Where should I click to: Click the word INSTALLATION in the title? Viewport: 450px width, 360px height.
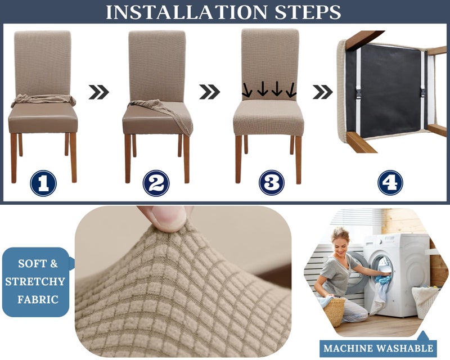click(x=187, y=12)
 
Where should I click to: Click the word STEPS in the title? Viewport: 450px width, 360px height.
click(x=308, y=12)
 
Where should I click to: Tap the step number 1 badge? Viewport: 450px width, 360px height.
click(x=43, y=183)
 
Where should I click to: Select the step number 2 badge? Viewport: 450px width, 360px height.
click(x=156, y=183)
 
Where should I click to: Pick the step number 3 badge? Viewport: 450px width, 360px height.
click(x=272, y=183)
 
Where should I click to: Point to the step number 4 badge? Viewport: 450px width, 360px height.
click(x=390, y=183)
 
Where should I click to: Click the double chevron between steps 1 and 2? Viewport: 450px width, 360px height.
click(x=99, y=92)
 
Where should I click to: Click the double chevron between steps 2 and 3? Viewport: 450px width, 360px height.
click(x=209, y=92)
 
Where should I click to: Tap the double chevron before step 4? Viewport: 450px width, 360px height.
click(x=322, y=92)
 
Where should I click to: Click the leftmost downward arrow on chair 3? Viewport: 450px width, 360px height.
click(x=247, y=90)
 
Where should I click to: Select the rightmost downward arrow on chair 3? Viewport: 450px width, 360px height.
click(x=291, y=90)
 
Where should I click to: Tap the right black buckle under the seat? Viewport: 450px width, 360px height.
click(x=423, y=92)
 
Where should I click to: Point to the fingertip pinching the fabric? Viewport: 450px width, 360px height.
click(x=166, y=218)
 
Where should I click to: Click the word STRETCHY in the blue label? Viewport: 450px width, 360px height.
click(x=35, y=282)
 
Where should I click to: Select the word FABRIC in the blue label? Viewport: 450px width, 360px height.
click(x=38, y=299)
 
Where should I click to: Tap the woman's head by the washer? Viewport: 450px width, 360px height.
click(x=340, y=242)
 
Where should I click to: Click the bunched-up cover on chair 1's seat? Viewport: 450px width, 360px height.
click(x=44, y=100)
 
